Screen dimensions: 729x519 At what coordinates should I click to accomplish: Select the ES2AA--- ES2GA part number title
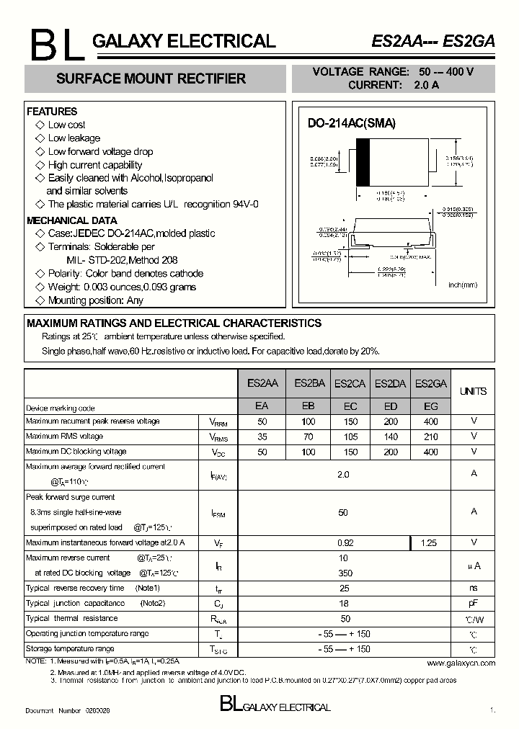click(x=432, y=42)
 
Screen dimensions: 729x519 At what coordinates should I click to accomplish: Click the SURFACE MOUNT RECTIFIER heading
click(x=151, y=79)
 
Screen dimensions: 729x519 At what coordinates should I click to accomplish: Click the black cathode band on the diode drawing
click(x=364, y=162)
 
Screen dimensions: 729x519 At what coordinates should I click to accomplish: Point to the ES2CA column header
click(x=350, y=385)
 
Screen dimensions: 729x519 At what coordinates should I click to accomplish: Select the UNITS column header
click(x=473, y=391)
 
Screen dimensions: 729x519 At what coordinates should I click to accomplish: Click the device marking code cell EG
click(x=430, y=406)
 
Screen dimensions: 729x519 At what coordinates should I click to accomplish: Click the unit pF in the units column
click(x=473, y=604)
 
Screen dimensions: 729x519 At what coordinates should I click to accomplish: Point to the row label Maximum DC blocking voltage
click(x=76, y=452)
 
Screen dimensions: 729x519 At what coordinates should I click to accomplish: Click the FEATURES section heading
click(x=52, y=112)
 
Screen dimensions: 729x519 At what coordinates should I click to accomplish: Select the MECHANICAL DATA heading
click(x=71, y=220)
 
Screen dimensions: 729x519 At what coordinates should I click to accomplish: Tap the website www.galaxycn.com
click(x=461, y=663)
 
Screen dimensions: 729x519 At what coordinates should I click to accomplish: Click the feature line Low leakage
click(x=74, y=138)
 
